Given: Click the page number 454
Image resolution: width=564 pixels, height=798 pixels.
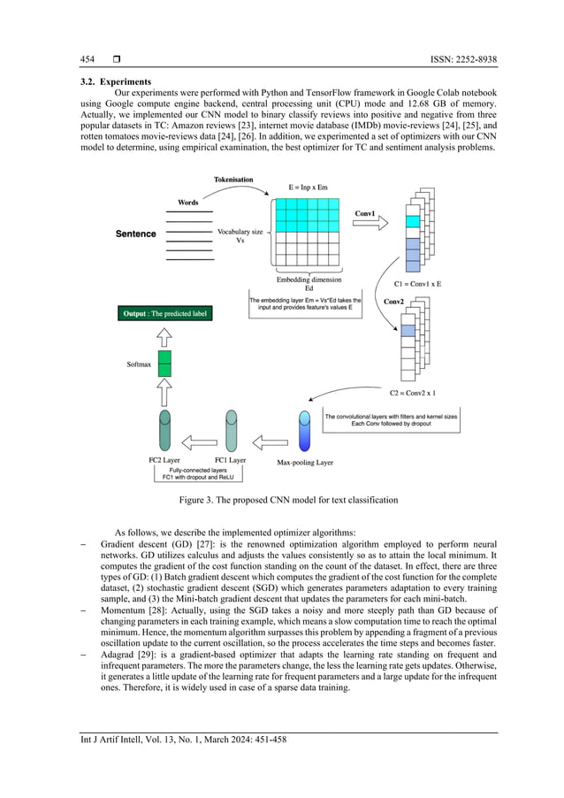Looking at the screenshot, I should click(x=87, y=59).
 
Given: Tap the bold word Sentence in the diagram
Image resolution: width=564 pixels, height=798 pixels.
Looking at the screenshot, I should click(x=136, y=234).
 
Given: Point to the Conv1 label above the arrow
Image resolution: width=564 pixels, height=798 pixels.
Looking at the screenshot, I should click(x=365, y=214).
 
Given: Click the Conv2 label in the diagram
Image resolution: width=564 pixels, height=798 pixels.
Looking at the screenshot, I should click(x=394, y=301).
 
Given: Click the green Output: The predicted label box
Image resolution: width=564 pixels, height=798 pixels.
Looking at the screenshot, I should click(x=166, y=313).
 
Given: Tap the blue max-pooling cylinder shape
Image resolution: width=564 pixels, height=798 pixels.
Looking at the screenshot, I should click(x=305, y=432).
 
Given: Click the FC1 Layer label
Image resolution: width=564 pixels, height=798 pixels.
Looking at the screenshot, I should click(x=230, y=460).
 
